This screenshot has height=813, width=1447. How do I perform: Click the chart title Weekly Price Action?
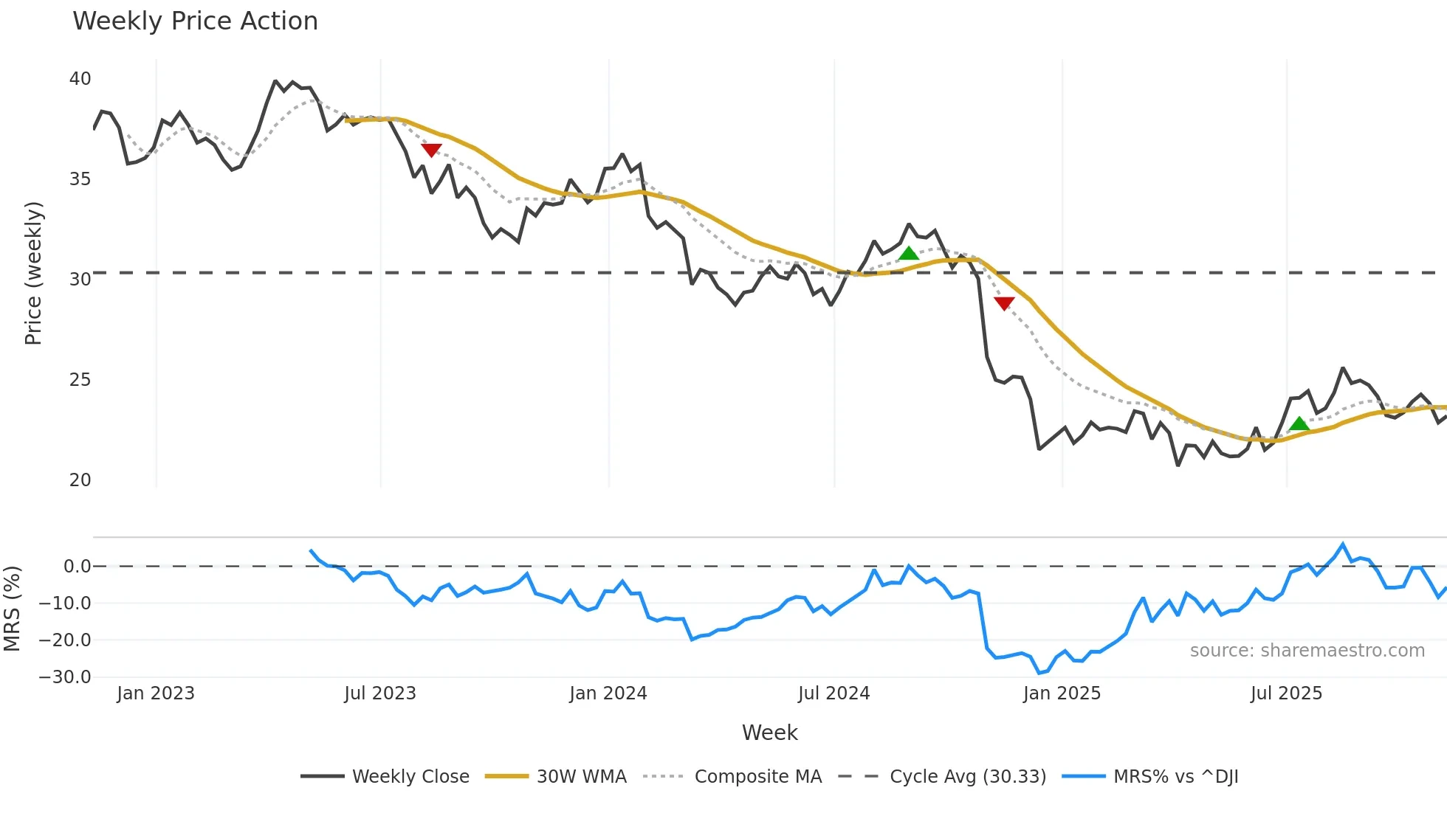(x=195, y=21)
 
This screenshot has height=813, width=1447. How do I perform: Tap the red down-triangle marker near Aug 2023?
(x=431, y=150)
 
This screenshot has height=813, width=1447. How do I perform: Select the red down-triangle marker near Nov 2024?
(x=1004, y=302)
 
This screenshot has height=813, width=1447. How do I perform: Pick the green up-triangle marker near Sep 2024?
(x=909, y=254)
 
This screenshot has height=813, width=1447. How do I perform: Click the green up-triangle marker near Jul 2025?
(x=1299, y=423)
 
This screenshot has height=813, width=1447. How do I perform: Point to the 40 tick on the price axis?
(x=80, y=79)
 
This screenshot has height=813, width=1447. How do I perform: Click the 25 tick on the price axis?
(x=80, y=380)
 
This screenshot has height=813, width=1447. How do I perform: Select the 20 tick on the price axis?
(x=80, y=480)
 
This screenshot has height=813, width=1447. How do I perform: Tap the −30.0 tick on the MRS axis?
(x=65, y=677)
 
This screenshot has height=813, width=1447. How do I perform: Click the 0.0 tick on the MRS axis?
(x=77, y=567)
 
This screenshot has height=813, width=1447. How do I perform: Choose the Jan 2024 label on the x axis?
(x=608, y=693)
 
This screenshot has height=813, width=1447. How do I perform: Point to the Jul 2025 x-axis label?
(x=1286, y=693)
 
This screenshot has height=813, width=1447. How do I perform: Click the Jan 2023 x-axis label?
(x=156, y=693)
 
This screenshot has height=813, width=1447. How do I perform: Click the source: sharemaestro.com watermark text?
(x=1307, y=651)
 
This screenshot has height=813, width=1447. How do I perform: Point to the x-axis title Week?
(x=769, y=733)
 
